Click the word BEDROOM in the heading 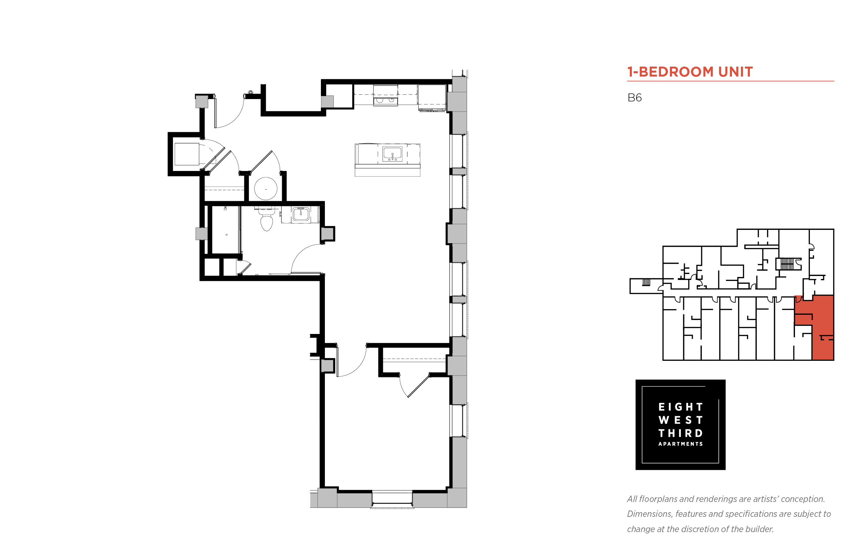[x=676, y=72]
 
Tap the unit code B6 [x=634, y=97]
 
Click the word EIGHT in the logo [x=680, y=407]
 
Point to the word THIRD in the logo [x=680, y=433]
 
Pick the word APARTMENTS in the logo [x=680, y=444]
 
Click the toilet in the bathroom [x=267, y=220]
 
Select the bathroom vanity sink [x=301, y=215]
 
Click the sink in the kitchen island [x=392, y=154]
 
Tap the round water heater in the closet [x=266, y=189]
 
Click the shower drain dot [x=226, y=235]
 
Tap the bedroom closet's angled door [x=419, y=386]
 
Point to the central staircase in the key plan [x=787, y=264]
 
